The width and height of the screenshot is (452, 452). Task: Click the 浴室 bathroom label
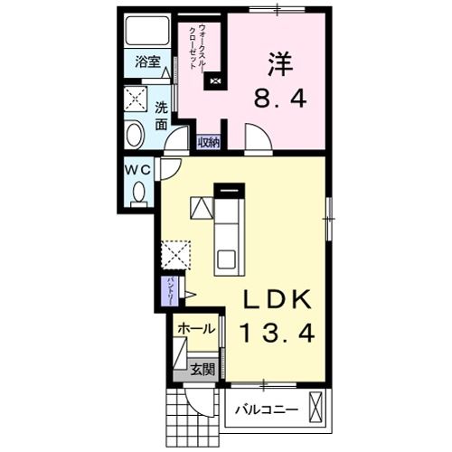(148, 62)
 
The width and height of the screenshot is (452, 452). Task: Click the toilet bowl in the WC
(138, 192)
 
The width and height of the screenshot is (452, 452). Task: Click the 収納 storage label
(209, 141)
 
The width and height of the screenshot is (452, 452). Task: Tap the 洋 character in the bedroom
(278, 62)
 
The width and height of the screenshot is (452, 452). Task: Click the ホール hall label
(196, 328)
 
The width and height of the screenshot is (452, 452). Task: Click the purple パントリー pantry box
(170, 291)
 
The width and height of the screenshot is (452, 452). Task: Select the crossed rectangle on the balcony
(315, 408)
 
